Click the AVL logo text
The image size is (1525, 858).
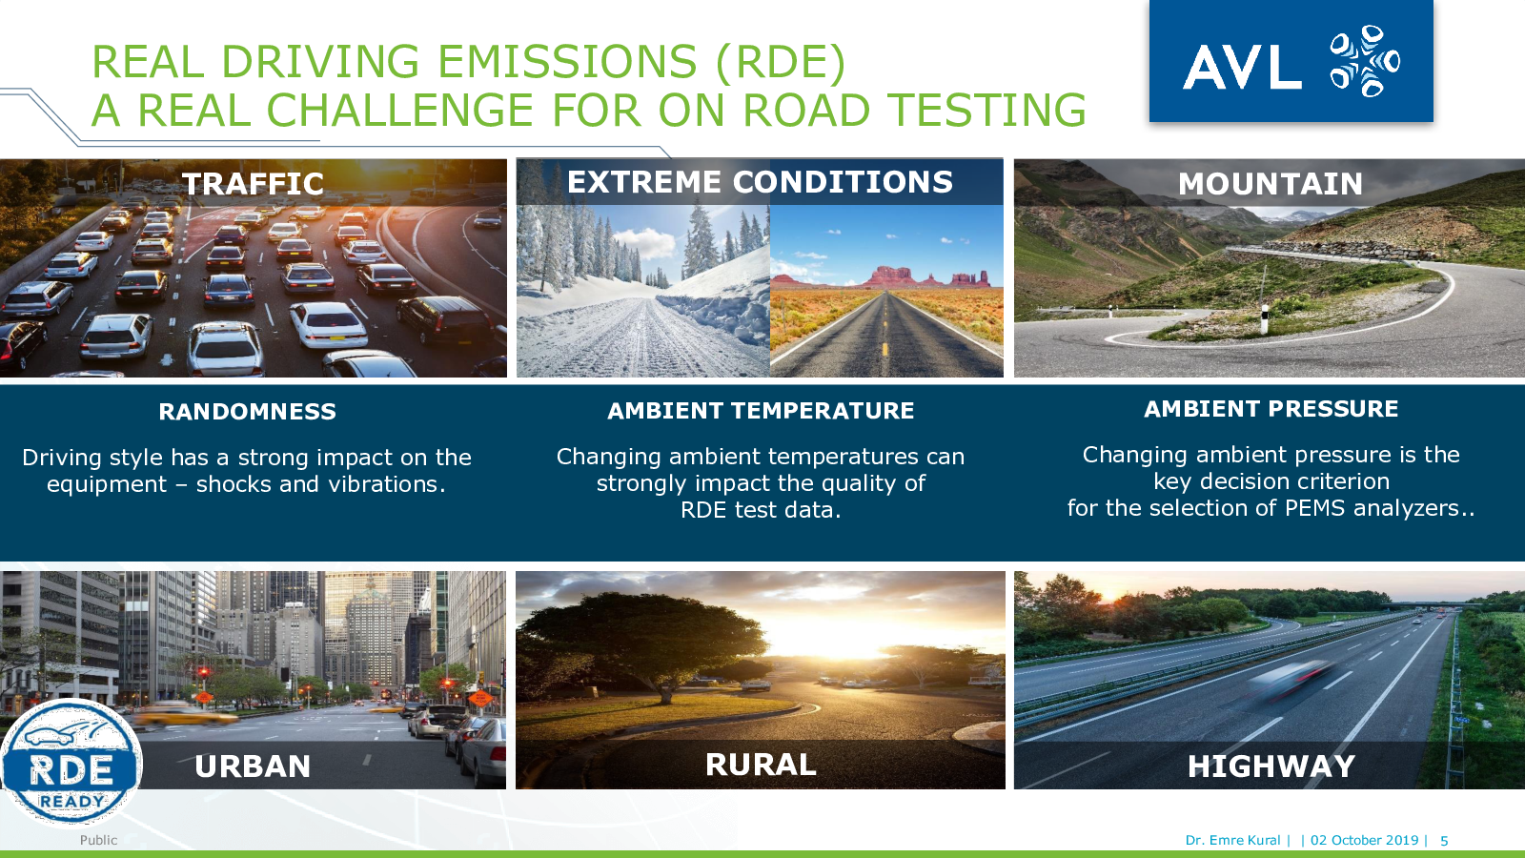[x=1242, y=67]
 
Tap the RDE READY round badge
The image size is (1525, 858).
[x=71, y=763]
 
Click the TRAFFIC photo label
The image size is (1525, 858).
[x=253, y=184]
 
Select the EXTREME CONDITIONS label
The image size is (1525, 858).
[x=760, y=182]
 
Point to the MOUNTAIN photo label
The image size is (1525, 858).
[x=1271, y=184]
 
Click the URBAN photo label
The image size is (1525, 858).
[x=253, y=766]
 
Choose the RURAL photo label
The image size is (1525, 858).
[x=761, y=764]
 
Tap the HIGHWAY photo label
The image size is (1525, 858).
[x=1271, y=766]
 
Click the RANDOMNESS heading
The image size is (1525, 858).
[x=247, y=411]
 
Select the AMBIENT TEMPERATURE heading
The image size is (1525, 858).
[x=761, y=411]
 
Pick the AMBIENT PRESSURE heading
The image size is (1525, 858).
[x=1271, y=409]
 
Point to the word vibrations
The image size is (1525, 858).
[x=387, y=483]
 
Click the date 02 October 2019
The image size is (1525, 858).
[x=1364, y=840]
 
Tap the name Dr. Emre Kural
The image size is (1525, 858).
[x=1232, y=840]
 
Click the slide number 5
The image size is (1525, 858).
[x=1443, y=841]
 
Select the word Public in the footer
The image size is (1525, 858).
[x=99, y=840]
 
